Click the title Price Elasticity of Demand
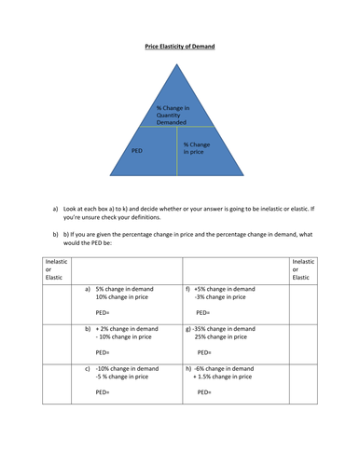coord(179,45)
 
